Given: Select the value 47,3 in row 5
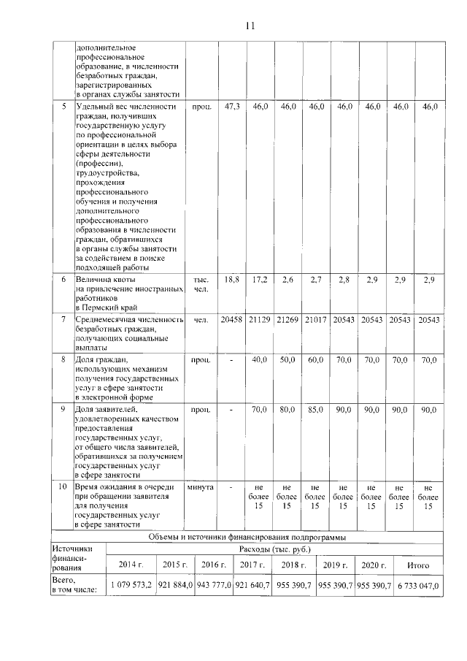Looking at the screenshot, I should click(x=232, y=107).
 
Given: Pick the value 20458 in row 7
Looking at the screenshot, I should click(x=232, y=320).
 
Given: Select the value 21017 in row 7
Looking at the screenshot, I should click(x=315, y=320).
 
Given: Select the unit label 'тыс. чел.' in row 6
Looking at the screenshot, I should click(x=200, y=285).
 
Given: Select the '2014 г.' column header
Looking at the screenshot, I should click(x=131, y=565).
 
